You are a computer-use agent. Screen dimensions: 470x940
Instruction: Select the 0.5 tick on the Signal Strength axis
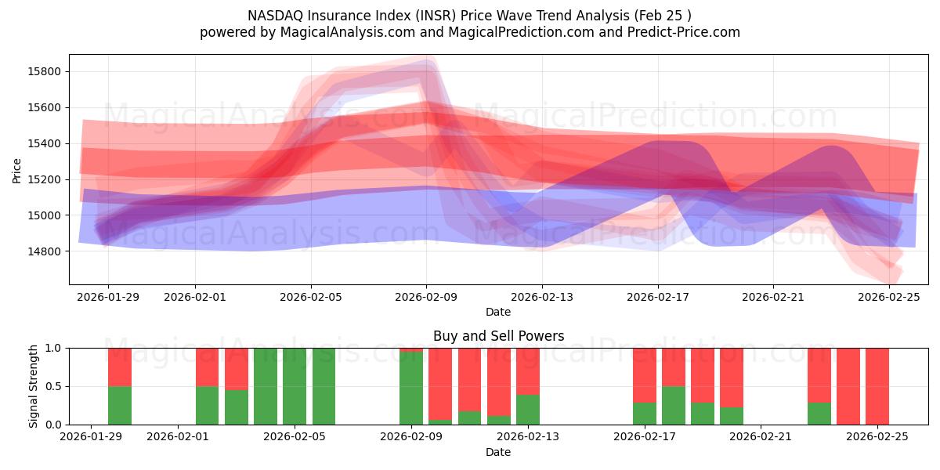pos(55,387)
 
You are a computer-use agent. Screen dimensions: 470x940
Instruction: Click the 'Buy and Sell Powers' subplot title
pos(498,336)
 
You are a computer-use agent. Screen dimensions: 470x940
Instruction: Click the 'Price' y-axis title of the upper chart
pos(16,170)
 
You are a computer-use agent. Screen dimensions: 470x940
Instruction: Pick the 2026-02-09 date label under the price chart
pos(426,298)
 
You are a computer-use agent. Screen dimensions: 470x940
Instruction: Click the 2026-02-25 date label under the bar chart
pos(877,437)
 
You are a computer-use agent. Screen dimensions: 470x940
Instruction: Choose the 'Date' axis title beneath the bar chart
pos(498,452)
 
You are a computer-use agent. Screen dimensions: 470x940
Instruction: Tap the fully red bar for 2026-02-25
pos(877,386)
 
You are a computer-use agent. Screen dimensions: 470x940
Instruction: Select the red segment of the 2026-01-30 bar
pos(120,367)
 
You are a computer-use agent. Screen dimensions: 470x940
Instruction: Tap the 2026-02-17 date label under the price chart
pos(657,298)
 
